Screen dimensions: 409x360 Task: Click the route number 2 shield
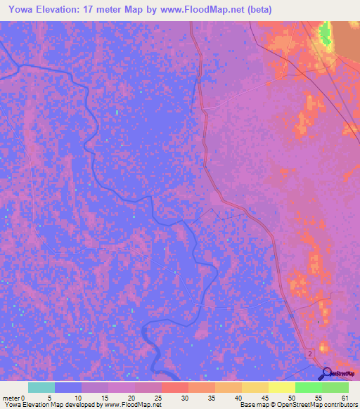point(310,355)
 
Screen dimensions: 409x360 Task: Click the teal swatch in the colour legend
point(41,387)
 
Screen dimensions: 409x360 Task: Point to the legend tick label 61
point(345,397)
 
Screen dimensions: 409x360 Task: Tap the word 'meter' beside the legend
point(12,397)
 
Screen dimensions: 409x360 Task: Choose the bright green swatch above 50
point(308,387)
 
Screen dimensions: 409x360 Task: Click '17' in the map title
point(89,10)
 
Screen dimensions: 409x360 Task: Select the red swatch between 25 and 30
point(174,387)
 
